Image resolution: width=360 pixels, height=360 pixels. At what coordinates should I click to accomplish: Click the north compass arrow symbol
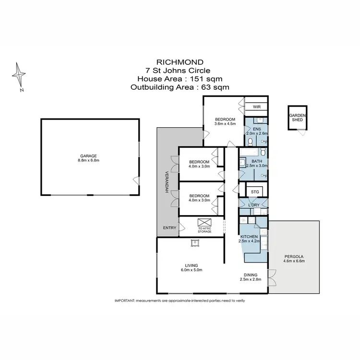tap(19, 76)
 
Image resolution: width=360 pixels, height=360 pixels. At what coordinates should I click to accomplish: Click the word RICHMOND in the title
tap(180, 62)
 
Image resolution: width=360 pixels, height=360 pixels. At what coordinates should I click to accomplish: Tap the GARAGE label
tap(89, 156)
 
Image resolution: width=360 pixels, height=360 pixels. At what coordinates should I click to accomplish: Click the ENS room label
tap(257, 129)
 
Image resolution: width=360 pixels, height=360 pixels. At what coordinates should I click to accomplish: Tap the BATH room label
tap(257, 161)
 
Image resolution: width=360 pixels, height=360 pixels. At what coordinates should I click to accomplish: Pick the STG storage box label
tap(255, 192)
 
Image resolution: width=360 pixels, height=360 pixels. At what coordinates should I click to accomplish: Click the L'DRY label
tap(254, 205)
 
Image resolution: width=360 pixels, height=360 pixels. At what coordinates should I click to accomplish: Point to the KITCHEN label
tap(249, 237)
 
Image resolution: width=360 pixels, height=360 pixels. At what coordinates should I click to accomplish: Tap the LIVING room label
tap(192, 265)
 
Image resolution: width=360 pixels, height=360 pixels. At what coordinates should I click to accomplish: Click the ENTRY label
tap(169, 228)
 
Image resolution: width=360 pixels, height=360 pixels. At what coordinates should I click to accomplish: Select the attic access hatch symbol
tap(204, 222)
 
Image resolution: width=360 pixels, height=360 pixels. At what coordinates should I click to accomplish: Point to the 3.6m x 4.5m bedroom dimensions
tap(225, 124)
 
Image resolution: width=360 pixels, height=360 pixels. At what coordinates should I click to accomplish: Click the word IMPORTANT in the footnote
tap(125, 300)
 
